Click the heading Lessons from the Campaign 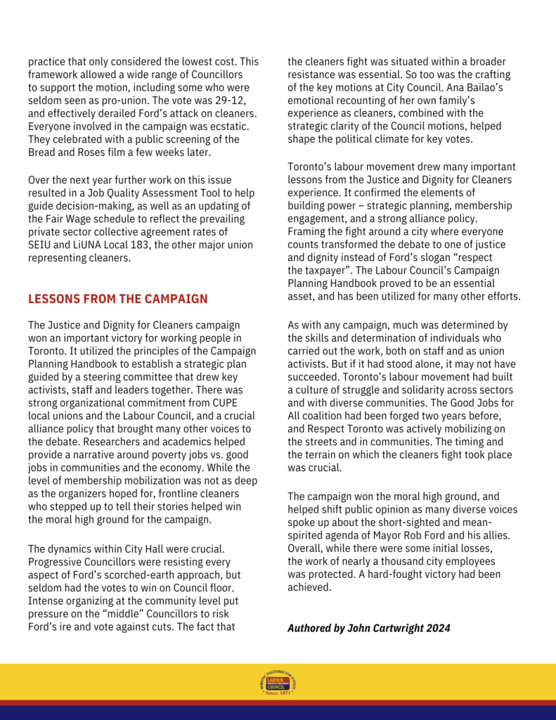click(x=117, y=299)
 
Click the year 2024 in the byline click(x=437, y=627)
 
